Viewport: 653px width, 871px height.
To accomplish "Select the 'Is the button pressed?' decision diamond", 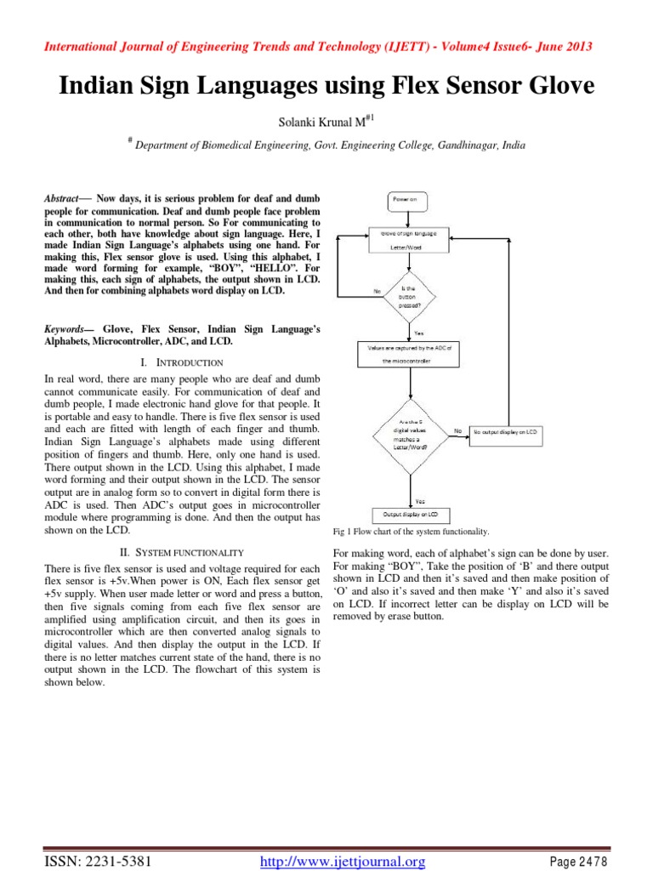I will (412, 293).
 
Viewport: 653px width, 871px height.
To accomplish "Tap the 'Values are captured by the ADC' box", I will (412, 354).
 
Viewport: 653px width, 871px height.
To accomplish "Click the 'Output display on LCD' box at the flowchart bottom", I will (412, 515).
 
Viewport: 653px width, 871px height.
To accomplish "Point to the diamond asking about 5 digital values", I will (412, 432).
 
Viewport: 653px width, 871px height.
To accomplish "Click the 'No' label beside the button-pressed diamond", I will (377, 291).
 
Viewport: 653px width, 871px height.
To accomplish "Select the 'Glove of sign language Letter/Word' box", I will (412, 240).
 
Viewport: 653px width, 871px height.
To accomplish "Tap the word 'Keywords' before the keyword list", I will (68, 327).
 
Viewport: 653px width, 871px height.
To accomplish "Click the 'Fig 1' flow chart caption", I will (412, 532).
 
